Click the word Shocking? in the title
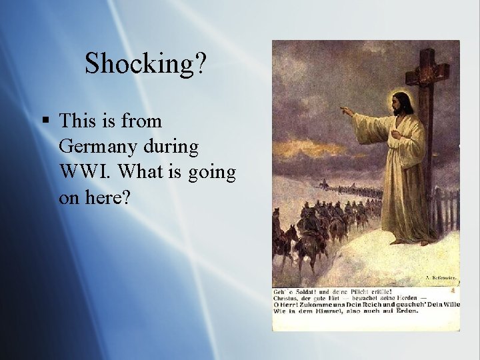[x=146, y=64]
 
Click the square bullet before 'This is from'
[x=45, y=121]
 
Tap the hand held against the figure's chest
[x=397, y=134]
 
